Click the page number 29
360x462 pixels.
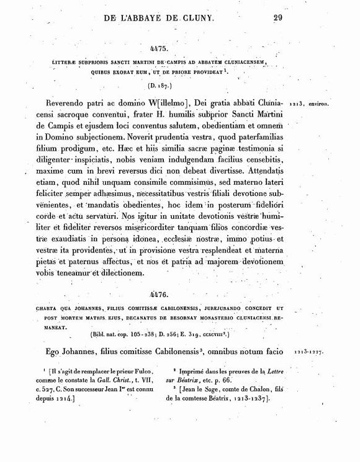click(277, 17)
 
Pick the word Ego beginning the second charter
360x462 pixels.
click(55, 352)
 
